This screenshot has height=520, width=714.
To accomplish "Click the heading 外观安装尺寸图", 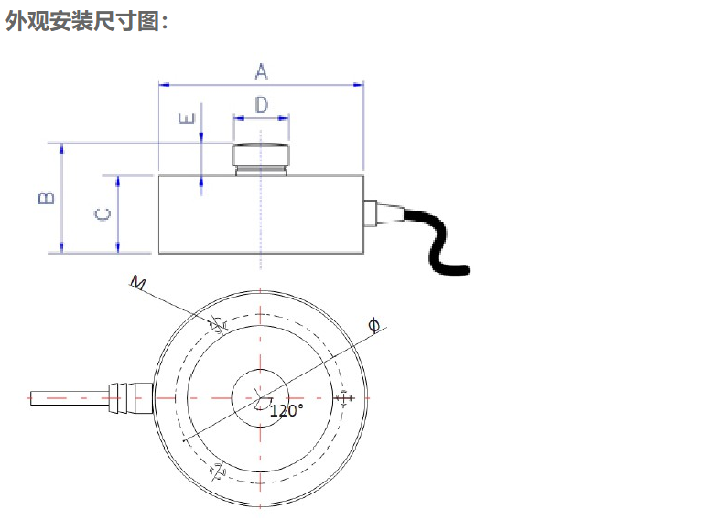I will [87, 21].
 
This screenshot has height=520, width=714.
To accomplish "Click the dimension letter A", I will [262, 70].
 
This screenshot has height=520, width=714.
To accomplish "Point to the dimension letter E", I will [187, 119].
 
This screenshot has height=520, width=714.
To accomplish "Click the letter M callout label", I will [138, 283].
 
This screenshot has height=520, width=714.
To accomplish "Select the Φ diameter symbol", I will [373, 324].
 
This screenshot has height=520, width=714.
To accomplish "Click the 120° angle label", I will [286, 411].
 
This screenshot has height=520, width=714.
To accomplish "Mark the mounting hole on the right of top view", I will [344, 398].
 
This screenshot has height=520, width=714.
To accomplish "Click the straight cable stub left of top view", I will [64, 398].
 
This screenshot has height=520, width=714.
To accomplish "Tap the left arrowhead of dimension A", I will [164, 85].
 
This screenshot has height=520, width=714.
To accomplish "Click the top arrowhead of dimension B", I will [62, 147].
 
